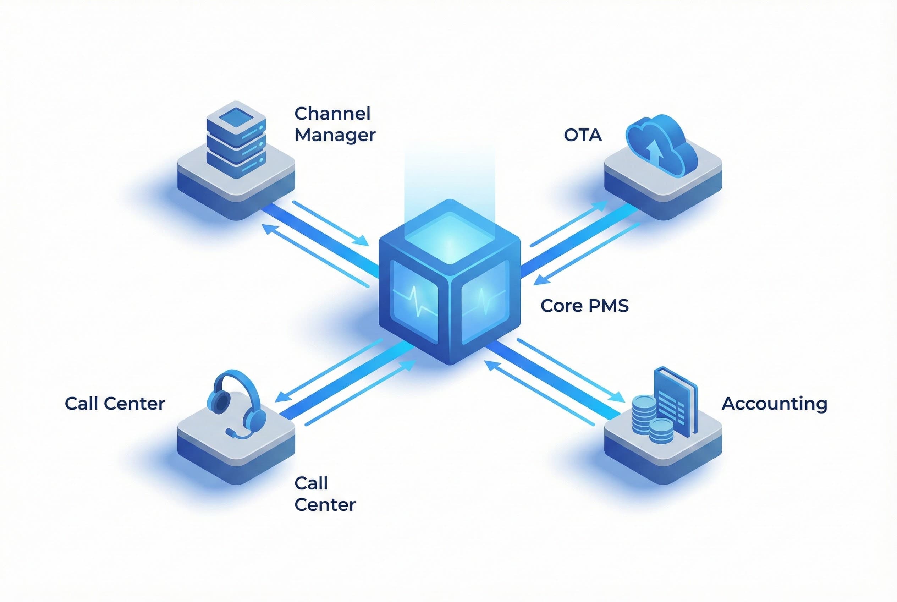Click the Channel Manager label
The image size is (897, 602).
334,124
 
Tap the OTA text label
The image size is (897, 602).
582,135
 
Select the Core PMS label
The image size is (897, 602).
584,306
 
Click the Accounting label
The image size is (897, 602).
774,404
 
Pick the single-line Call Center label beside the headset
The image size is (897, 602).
114,404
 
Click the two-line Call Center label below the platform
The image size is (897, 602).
324,494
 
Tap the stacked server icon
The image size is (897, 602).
236,140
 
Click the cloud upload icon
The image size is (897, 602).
661,146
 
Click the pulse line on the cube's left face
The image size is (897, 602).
414,303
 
